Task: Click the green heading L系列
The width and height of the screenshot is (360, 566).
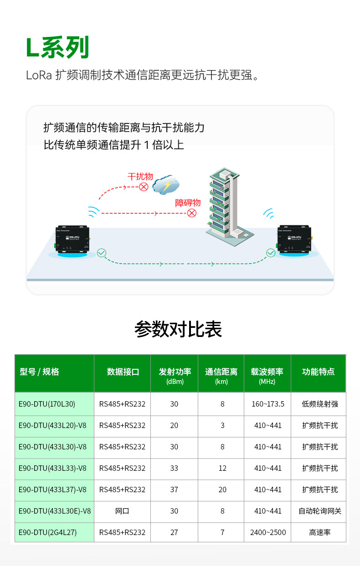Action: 57,48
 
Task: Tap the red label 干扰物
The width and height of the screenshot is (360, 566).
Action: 140,177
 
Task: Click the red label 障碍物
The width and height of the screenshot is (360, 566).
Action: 188,203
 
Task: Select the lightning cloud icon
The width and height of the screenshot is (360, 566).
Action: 166,184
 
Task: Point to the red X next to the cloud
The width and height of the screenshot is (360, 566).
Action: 144,187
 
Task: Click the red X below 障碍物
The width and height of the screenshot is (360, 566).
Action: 192,213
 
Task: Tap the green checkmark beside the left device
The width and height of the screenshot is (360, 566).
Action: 102,253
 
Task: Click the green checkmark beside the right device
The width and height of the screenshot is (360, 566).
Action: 271,253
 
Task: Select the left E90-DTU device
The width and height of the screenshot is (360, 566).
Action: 72,240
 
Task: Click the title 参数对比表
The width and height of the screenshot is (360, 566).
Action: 178,329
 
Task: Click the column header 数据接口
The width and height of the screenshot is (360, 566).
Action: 123,372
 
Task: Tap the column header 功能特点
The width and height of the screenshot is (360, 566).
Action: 318,372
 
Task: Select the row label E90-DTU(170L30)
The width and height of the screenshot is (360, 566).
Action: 47,404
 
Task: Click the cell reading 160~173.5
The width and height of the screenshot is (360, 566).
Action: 267,404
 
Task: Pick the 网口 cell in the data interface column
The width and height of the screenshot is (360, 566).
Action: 122,511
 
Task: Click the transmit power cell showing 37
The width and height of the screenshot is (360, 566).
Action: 174,490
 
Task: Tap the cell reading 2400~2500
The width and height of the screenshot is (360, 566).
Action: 267,532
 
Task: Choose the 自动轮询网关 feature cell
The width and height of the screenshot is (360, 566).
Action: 319,511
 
